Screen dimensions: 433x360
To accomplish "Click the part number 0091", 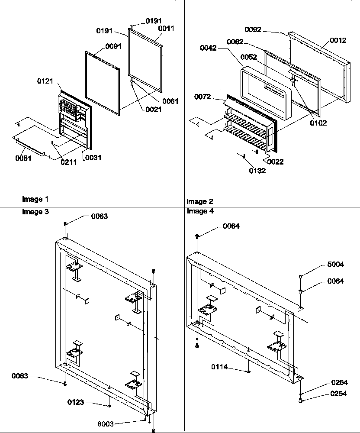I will [113, 46].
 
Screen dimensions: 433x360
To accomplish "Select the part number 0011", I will [166, 28].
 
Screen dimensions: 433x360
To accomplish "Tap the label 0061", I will [170, 101].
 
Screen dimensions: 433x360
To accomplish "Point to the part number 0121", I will [45, 81].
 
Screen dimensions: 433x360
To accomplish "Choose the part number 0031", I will [93, 158].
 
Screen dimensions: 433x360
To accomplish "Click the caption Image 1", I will [35, 199].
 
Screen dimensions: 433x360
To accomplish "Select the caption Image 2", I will [199, 201].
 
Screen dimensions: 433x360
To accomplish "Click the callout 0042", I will [209, 48].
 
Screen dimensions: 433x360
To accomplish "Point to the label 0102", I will [318, 123].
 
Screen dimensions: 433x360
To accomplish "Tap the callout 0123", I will [76, 403].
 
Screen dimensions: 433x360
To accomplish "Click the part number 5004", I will [335, 264].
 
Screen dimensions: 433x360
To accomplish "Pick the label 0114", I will [220, 367].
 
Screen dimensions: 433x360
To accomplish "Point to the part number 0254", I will [338, 394].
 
